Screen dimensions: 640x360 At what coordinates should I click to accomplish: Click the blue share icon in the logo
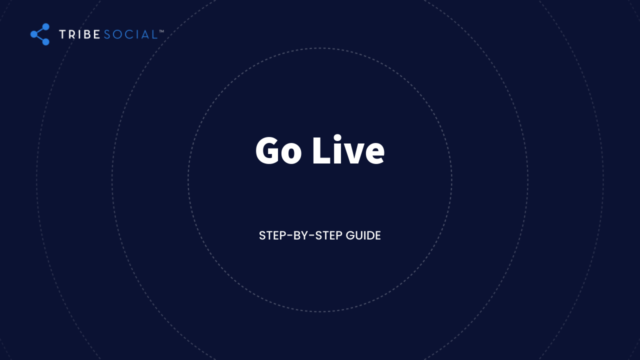(x=40, y=34)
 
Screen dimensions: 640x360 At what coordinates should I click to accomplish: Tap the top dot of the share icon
(x=45, y=27)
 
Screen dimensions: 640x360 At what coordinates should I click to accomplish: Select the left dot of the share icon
(x=34, y=34)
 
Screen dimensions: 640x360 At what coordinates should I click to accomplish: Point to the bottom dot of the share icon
(x=45, y=41)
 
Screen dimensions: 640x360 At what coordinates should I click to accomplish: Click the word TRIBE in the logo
(x=79, y=34)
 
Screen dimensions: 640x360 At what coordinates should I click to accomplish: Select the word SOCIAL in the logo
(x=130, y=34)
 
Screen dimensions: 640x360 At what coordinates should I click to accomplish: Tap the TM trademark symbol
(x=161, y=31)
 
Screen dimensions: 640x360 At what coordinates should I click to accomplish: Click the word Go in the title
(x=278, y=151)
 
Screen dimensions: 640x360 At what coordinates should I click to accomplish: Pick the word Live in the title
(x=348, y=149)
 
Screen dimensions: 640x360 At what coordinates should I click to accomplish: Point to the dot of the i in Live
(x=337, y=137)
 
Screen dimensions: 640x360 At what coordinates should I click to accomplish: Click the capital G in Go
(x=267, y=151)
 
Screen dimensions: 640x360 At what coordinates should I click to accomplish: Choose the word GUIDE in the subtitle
(x=363, y=235)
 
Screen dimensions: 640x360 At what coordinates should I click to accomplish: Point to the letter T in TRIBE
(x=62, y=34)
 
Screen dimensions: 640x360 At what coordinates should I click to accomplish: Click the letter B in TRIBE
(x=85, y=34)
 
